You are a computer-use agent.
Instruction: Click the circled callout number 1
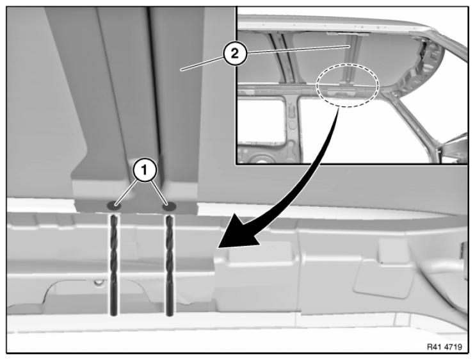tap(145, 170)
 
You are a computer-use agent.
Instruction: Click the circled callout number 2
tap(235, 54)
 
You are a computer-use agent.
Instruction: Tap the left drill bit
tap(113, 265)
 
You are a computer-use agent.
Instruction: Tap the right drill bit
tap(169, 265)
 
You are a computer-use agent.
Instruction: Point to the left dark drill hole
tap(114, 206)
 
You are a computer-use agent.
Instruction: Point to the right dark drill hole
tap(169, 207)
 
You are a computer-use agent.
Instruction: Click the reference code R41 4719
tap(444, 347)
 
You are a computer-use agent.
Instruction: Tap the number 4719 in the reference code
tap(453, 347)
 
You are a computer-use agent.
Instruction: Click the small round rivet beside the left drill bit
tap(97, 282)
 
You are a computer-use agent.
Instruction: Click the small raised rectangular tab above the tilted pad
tap(393, 250)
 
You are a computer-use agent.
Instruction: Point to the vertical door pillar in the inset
tap(292, 127)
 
